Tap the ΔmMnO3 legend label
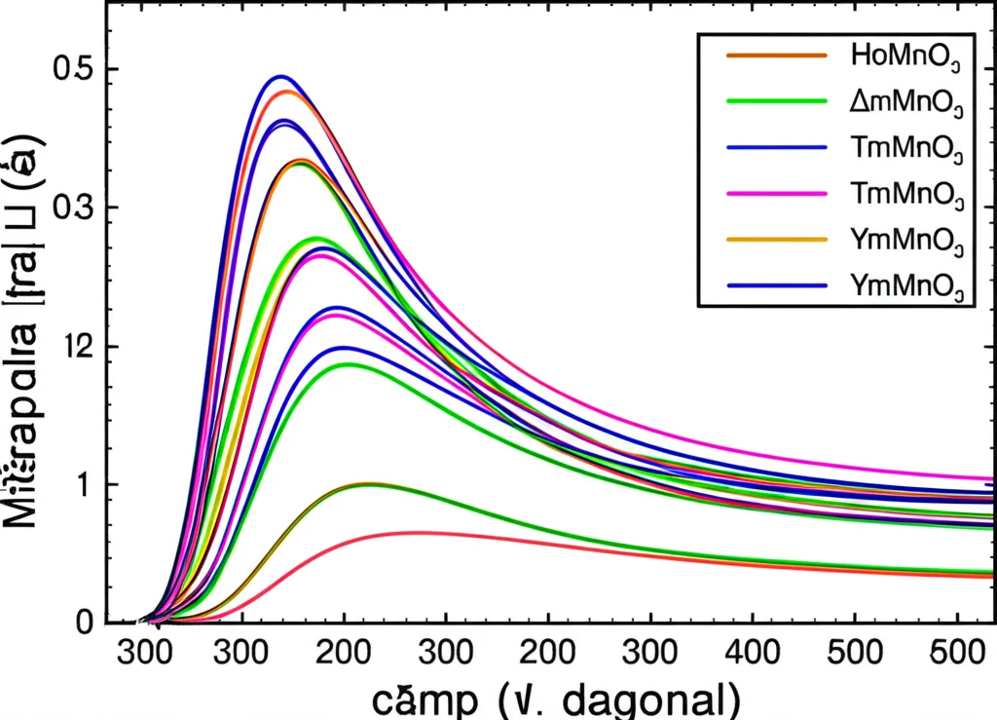(x=905, y=100)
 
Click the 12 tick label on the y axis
(x=72, y=346)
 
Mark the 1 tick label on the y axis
(x=84, y=484)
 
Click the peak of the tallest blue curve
(x=281, y=76)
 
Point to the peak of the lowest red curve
(x=419, y=532)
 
